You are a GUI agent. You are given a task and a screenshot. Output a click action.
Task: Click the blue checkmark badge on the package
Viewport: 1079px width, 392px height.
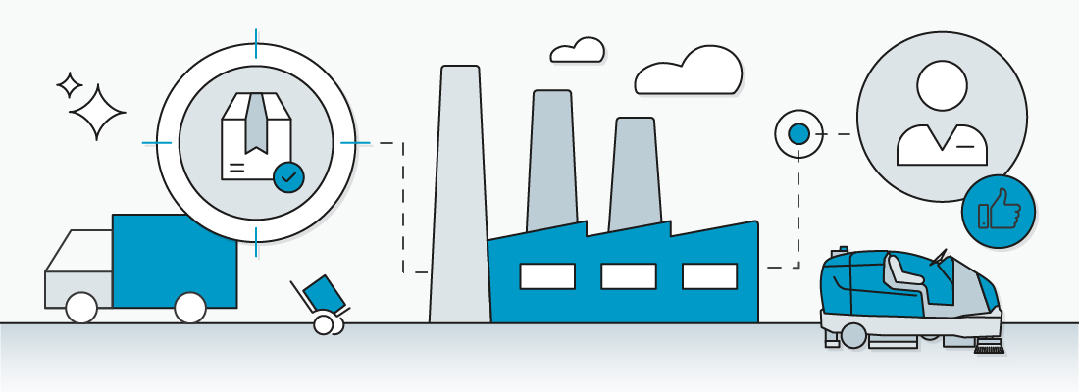[288, 176]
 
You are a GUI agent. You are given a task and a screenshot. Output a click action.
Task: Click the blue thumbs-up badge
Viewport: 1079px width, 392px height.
[998, 213]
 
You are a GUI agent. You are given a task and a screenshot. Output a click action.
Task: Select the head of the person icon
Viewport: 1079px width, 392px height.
[942, 87]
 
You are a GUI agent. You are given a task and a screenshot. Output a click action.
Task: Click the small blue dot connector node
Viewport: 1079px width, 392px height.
[799, 133]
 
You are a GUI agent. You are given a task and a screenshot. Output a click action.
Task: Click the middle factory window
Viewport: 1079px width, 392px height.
[628, 275]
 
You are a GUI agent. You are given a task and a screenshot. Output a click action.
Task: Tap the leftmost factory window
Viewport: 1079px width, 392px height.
[547, 275]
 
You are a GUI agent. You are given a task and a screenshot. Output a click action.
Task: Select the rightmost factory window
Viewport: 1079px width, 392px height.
[708, 275]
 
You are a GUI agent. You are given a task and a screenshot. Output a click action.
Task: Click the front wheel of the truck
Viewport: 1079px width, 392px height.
[81, 308]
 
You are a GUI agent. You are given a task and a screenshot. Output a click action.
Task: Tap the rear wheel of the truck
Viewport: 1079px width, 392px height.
[190, 308]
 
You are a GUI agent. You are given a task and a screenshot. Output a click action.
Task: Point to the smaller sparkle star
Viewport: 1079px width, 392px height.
[70, 85]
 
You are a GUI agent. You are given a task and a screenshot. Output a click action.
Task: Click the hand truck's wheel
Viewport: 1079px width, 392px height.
[323, 324]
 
